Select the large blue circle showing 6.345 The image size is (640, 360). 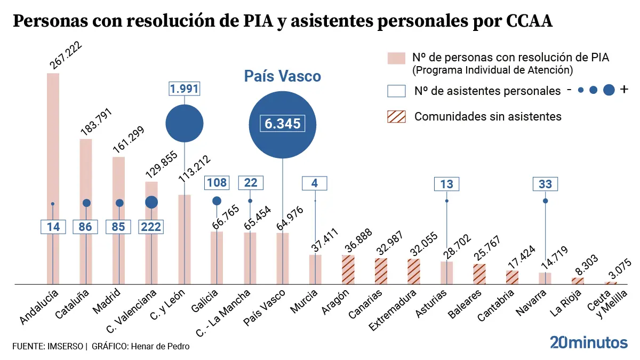click(283, 124)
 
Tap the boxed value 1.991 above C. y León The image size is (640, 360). click(184, 88)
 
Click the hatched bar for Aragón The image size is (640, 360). click(348, 270)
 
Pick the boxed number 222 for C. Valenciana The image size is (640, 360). click(151, 227)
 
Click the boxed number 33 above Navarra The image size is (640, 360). click(545, 184)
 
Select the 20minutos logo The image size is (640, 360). click(588, 343)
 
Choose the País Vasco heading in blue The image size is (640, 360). click(283, 76)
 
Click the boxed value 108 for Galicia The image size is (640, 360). click(217, 183)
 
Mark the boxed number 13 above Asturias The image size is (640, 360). click(447, 184)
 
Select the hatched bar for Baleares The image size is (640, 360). click(479, 274)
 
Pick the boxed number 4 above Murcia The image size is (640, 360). click(315, 183)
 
